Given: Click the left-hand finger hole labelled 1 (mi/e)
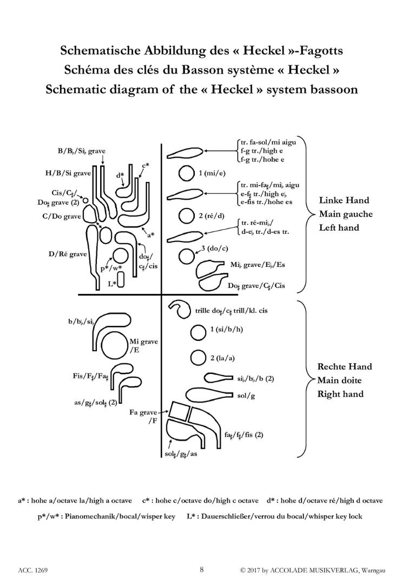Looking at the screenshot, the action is pos(187,173).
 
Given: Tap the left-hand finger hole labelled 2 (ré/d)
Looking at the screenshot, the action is pos(187,215).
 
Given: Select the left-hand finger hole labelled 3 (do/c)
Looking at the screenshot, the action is pos(187,256).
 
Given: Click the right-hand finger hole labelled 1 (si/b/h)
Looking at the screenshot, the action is pos(198,333).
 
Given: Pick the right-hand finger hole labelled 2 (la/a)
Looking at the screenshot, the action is pos(198,358).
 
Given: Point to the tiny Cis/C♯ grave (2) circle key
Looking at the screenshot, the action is pos(85,200).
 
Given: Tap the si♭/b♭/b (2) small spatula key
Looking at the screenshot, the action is pos(218,378).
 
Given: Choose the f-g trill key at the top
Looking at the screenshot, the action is pos(185,152).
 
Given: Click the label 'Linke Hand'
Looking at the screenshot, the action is pos(344,200).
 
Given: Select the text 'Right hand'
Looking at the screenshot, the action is pos(340,394).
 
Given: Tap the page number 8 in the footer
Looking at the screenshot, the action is pos(202,569).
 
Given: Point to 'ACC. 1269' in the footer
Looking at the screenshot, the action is pos(33,570).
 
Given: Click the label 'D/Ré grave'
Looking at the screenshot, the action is pos(68,254).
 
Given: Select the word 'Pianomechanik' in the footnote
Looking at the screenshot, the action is pos(89,516).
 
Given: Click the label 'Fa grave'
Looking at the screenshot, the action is pos(143,412).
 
